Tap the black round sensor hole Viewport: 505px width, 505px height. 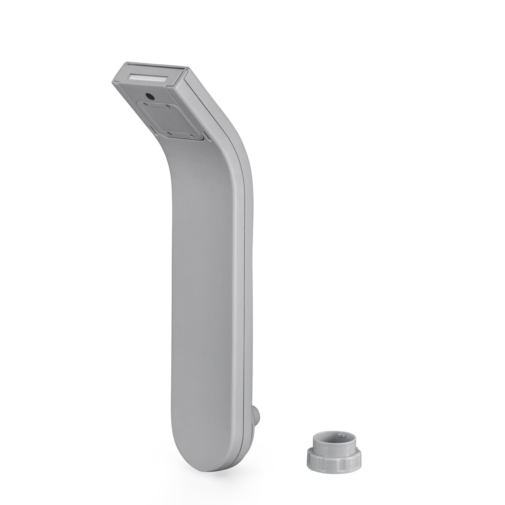tap(150, 97)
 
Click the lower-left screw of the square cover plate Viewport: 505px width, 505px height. tap(169, 133)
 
